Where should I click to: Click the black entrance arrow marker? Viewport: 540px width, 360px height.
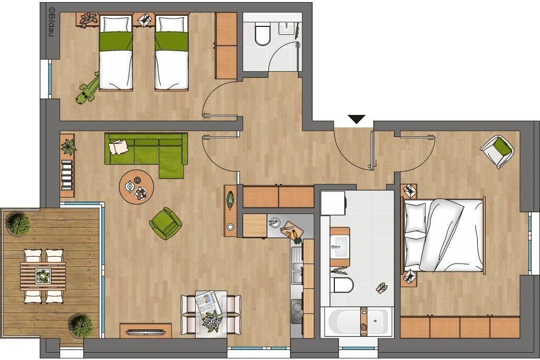click(356, 119)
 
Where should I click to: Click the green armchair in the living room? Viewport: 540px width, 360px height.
click(166, 223)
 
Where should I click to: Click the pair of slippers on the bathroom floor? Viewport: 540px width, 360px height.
click(381, 288)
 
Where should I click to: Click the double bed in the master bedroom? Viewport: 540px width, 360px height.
click(444, 236)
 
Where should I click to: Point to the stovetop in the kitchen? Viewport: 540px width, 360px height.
click(296, 311)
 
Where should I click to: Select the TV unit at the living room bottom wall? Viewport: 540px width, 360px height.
click(146, 330)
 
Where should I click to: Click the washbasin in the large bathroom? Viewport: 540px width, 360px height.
click(340, 247)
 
